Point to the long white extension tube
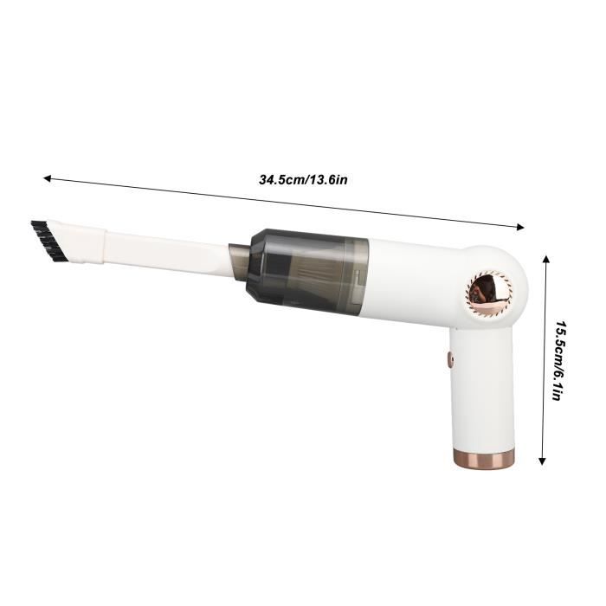point(164,248)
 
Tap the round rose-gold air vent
point(490,290)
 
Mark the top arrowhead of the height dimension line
point(545,259)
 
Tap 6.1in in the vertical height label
point(561,386)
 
